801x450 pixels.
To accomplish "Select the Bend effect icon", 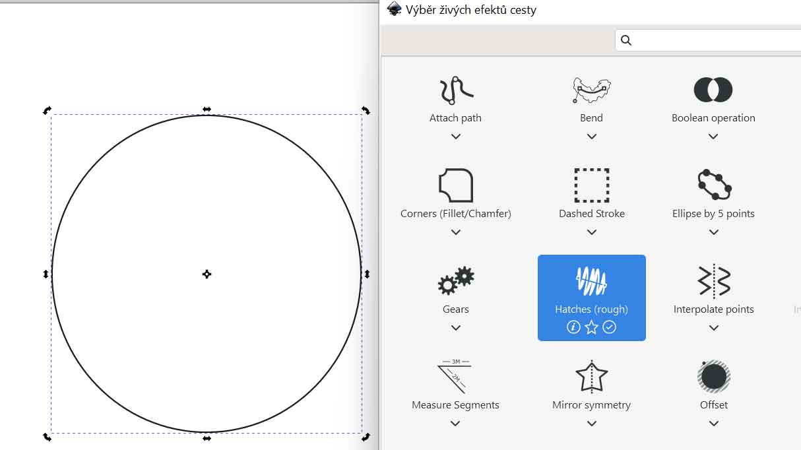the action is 592,90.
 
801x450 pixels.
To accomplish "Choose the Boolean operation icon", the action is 713,90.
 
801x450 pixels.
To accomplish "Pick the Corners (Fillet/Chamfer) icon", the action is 456,185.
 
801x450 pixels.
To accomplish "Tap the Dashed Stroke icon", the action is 592,185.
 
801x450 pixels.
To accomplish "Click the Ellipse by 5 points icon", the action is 714,185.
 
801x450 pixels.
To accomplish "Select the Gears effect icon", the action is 456,280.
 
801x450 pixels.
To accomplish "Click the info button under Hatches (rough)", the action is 573,327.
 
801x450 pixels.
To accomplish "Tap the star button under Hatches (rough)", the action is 591,327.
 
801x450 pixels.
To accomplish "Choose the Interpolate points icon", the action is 714,281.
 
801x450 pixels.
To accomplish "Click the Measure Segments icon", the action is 455,376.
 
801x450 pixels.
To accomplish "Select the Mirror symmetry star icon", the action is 592,377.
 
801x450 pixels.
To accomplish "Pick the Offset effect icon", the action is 714,377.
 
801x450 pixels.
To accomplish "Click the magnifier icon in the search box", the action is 625,40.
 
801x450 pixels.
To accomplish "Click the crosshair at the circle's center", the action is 207,274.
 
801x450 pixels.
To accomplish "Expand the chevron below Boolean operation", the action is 713,137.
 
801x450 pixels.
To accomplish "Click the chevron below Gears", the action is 456,328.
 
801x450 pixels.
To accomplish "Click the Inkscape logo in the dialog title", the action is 394,9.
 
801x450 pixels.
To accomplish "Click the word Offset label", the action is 714,405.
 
